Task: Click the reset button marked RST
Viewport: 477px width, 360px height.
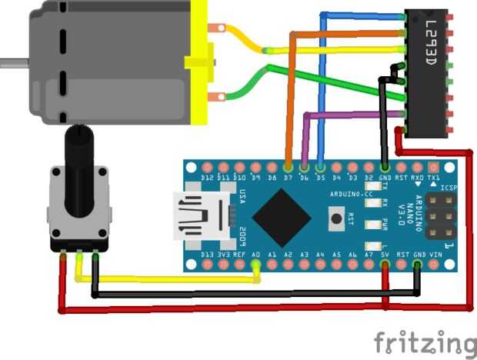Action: pyautogui.click(x=336, y=220)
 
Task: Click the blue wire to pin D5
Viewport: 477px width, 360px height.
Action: pyautogui.click(x=322, y=92)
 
